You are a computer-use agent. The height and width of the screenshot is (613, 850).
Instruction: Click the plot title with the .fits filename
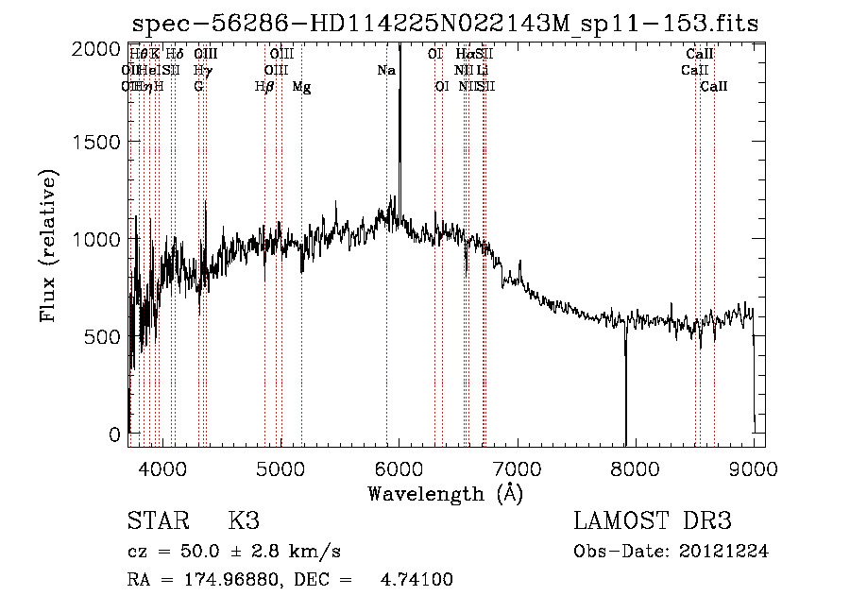pyautogui.click(x=445, y=24)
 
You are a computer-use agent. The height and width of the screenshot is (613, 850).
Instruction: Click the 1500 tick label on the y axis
pyautogui.click(x=98, y=142)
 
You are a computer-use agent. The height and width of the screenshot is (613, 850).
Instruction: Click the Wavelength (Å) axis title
pyautogui.click(x=445, y=493)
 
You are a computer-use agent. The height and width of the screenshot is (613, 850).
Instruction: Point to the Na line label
pyautogui.click(x=386, y=70)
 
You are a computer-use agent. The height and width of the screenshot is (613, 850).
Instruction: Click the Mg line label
pyautogui.click(x=301, y=87)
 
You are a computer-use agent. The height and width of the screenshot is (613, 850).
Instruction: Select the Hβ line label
pyautogui.click(x=264, y=87)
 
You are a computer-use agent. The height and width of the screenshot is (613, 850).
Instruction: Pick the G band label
pyautogui.click(x=198, y=87)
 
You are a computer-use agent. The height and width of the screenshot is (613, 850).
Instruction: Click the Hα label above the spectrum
pyautogui.click(x=464, y=54)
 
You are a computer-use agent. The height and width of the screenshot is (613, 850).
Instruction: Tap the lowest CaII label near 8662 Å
pyautogui.click(x=714, y=87)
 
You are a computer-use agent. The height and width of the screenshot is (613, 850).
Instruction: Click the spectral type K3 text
pyautogui.click(x=244, y=522)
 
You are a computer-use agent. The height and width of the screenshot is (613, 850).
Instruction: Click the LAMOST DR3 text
pyautogui.click(x=653, y=522)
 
